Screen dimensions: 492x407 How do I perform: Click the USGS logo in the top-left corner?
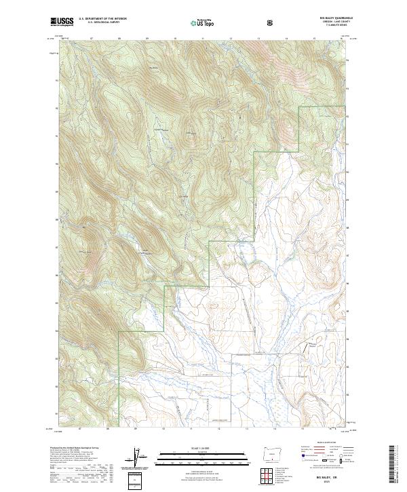coord(62,22)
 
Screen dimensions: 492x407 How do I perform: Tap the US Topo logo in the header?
coord(206,22)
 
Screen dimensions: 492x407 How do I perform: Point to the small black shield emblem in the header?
coord(271,22)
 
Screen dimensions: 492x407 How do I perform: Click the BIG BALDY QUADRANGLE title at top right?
coord(330,19)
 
